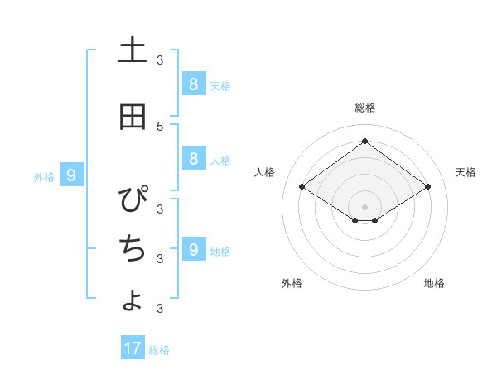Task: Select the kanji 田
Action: [133, 117]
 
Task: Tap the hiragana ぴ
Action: [133, 199]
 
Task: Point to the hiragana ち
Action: [133, 247]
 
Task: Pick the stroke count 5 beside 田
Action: [159, 126]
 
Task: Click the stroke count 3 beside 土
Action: [159, 60]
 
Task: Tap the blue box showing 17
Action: [133, 348]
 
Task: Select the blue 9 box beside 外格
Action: [71, 175]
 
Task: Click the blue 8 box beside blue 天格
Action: [193, 84]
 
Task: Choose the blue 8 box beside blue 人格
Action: [193, 159]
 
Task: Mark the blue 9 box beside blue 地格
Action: [193, 249]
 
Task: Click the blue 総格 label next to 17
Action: [159, 350]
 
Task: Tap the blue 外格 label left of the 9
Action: [44, 176]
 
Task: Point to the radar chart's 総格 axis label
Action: [364, 108]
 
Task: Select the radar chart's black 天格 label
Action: [466, 172]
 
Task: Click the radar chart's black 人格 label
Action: [264, 172]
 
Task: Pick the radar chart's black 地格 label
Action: [434, 283]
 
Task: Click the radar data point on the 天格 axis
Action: [427, 187]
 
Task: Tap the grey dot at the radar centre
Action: [364, 206]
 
